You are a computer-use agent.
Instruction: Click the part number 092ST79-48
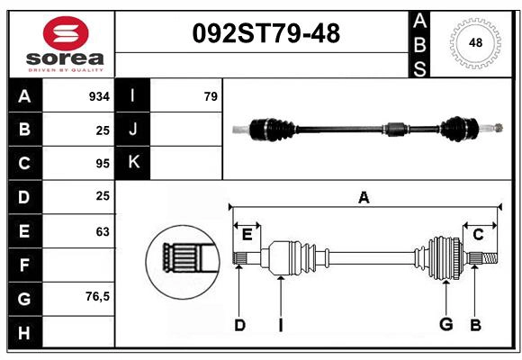point(267,34)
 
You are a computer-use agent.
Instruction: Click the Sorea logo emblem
point(66,34)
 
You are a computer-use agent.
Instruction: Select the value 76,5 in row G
point(97,296)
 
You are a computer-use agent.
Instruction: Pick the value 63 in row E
point(103,231)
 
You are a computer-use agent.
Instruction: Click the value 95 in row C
point(103,164)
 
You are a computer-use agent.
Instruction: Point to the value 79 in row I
point(211,96)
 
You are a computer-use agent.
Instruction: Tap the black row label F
point(24,265)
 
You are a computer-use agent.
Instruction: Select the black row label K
point(133,163)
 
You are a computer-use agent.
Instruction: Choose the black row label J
point(133,130)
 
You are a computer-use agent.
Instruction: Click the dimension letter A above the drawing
point(364,197)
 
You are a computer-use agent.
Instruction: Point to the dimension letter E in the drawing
point(247,235)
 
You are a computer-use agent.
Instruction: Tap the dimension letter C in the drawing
point(478,235)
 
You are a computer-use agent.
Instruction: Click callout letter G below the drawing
point(445,325)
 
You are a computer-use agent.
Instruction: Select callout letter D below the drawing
point(239,325)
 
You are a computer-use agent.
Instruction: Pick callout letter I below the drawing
point(280,325)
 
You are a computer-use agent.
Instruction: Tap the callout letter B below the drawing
point(475,325)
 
